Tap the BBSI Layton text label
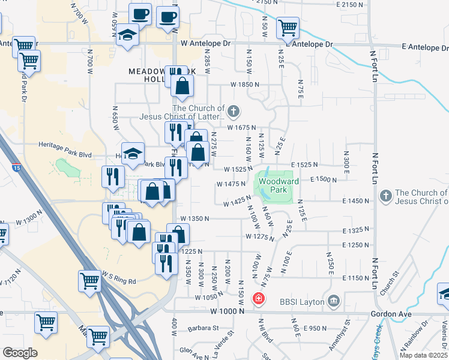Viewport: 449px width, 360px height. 304,301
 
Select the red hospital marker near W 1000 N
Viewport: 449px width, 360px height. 259,298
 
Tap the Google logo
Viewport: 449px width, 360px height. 20,353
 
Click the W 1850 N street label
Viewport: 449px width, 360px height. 243,85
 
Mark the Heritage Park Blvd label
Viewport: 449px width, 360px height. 65,154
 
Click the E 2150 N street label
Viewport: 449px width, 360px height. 350,5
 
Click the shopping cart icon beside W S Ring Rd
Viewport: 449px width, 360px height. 89,280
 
